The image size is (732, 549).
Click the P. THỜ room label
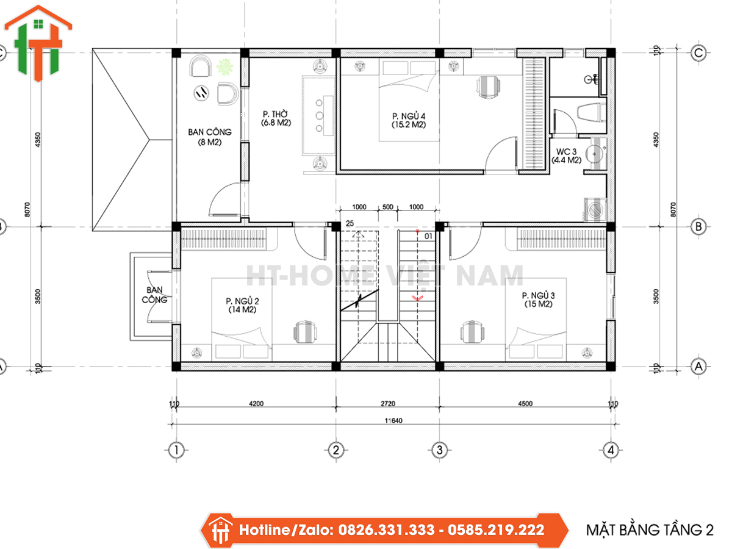click(x=276, y=118)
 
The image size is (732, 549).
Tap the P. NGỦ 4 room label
click(x=409, y=120)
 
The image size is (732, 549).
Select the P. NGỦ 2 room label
click(x=242, y=306)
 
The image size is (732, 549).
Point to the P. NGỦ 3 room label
click(x=538, y=300)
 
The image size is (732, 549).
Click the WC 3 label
click(x=566, y=156)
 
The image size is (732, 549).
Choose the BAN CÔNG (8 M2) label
click(x=210, y=137)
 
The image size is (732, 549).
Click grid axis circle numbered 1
click(x=176, y=450)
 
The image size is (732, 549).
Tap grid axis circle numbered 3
click(x=439, y=450)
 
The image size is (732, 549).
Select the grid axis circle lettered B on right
click(x=698, y=227)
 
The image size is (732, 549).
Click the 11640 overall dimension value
click(x=393, y=421)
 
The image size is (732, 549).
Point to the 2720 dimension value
click(x=388, y=404)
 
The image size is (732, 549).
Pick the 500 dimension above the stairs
click(x=388, y=207)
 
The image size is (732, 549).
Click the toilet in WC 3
click(x=591, y=112)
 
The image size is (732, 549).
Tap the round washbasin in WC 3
click(x=595, y=154)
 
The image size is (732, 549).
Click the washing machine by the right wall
click(x=595, y=209)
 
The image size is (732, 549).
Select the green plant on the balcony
click(x=224, y=67)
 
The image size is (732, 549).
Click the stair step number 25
click(x=350, y=223)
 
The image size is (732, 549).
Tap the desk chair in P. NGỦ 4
click(x=488, y=87)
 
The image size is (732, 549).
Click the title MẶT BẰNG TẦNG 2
click(x=650, y=530)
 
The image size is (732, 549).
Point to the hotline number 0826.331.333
click(x=386, y=529)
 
